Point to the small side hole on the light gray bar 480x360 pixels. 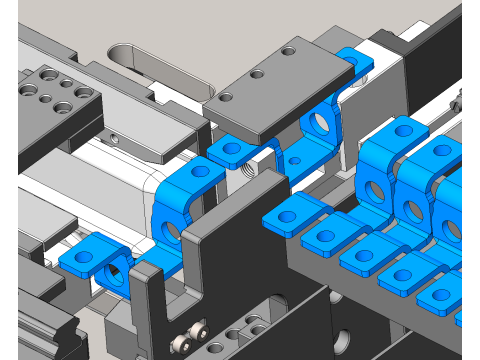pyautogui.click(x=114, y=137)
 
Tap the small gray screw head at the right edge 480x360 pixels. pyautogui.click(x=457, y=99)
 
